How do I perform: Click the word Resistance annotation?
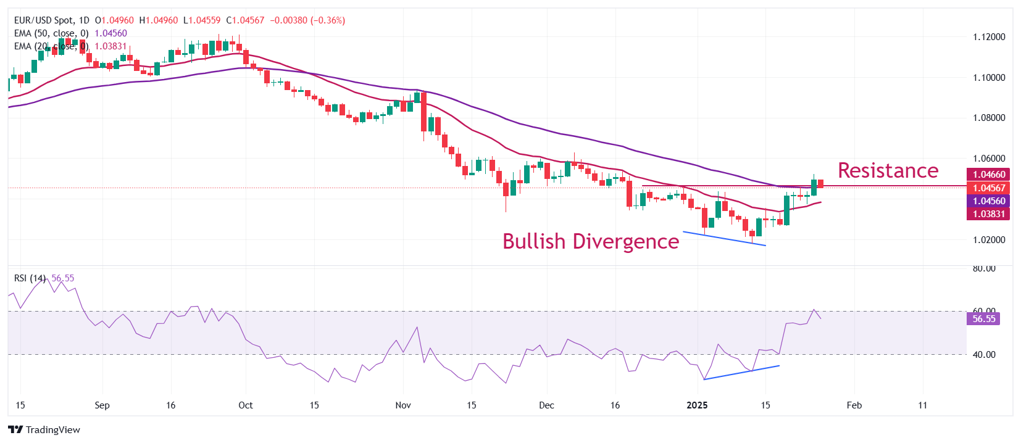pos(888,170)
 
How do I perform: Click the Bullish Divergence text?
pos(590,241)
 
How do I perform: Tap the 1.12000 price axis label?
pos(989,37)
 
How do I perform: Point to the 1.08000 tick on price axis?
pos(989,118)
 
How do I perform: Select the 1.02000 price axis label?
pos(989,240)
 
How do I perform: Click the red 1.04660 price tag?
pos(989,175)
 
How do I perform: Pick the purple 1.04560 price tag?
pos(989,201)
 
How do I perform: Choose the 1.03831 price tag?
pos(989,214)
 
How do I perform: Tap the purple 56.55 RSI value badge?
pos(984,319)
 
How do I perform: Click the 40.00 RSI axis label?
pos(984,355)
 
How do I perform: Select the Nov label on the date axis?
pos(403,405)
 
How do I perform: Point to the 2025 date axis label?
pos(697,405)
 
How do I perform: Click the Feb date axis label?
pos(854,405)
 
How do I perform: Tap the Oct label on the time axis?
pos(246,405)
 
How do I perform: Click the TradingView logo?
pos(44,430)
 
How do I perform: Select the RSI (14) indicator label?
pos(30,278)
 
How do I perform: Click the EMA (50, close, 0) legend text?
pos(51,33)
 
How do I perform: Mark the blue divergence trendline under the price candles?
pos(724,239)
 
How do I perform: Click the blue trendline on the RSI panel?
pos(741,373)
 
